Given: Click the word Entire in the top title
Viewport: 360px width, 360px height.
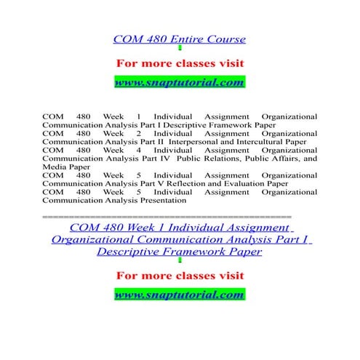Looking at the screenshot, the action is pos(186,39).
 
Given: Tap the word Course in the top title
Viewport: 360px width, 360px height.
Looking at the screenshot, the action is pos(225,39).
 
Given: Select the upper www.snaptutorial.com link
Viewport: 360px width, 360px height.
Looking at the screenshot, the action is pos(180,82).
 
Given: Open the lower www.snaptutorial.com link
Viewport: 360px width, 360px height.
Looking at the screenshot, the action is pos(180,295).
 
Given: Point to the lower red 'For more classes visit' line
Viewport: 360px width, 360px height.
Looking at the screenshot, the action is pos(180,275).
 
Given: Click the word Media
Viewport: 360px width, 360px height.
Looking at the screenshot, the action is pos(55,167).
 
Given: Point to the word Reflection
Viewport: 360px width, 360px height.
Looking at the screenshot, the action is pos(193,183).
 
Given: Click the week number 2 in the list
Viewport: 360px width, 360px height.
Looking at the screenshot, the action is pos(138,133).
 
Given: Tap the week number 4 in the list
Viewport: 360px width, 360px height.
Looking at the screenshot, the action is pos(138,150).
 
